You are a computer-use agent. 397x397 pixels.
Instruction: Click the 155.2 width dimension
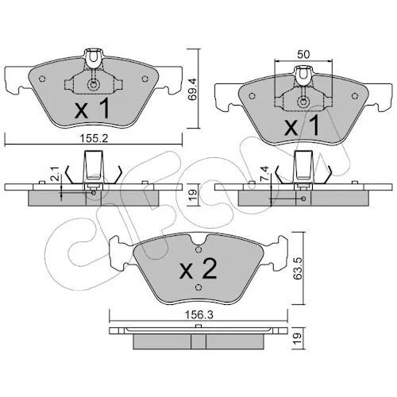pos(94,139)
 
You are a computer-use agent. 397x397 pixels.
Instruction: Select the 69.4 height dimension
pos(193,88)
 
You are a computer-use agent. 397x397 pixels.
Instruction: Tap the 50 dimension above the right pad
pos(303,54)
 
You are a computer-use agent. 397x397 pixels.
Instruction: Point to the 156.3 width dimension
pos(199,315)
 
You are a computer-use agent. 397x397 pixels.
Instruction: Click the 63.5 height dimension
pos(298,268)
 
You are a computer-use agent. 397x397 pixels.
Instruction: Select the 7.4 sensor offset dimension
pos(265,173)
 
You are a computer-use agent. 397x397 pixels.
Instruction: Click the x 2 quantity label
pos(198,268)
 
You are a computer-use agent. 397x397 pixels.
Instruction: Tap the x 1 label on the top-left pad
pos(92,108)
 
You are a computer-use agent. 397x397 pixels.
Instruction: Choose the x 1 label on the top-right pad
pos(302,126)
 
